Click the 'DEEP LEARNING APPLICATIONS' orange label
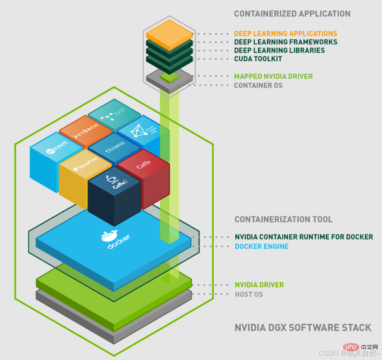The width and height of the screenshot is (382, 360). pyautogui.click(x=285, y=34)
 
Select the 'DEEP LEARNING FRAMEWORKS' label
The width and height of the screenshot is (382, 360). pyautogui.click(x=285, y=42)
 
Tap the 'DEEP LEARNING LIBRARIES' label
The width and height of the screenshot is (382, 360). pyautogui.click(x=279, y=51)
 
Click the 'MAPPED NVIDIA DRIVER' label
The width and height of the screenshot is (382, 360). pyautogui.click(x=273, y=76)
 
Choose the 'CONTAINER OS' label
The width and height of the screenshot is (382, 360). pyautogui.click(x=258, y=85)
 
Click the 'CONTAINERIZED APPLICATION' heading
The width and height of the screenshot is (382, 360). pyautogui.click(x=292, y=14)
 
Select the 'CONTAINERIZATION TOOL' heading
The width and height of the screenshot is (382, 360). pyautogui.click(x=283, y=219)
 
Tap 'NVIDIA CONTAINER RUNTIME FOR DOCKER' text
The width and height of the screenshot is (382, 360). pyautogui.click(x=304, y=237)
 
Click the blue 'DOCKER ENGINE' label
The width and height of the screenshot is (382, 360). pyautogui.click(x=262, y=246)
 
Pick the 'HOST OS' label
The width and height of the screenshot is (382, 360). pyautogui.click(x=249, y=294)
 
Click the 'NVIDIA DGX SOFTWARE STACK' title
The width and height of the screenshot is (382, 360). pyautogui.click(x=303, y=328)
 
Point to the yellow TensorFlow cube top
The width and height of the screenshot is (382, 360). pyautogui.click(x=85, y=165)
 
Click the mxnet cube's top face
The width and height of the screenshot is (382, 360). pyautogui.click(x=57, y=148)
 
